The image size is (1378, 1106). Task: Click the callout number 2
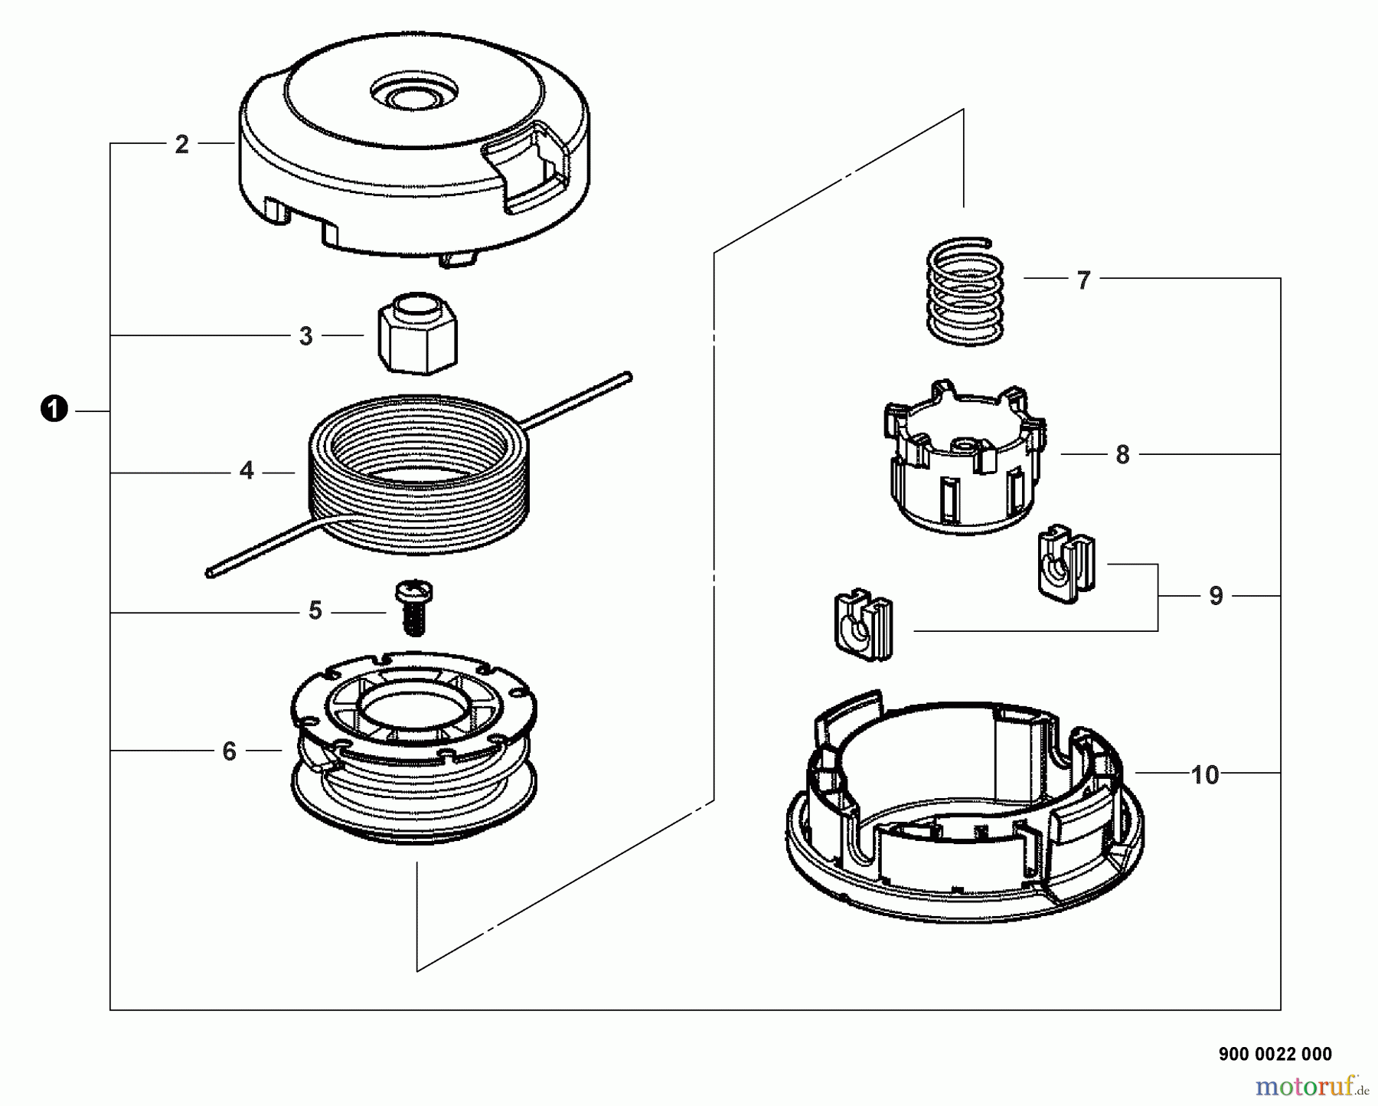[181, 145]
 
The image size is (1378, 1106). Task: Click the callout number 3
[305, 336]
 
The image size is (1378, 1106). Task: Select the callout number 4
[246, 470]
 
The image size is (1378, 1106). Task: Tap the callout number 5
[315, 611]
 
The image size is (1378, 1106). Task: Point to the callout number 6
[229, 751]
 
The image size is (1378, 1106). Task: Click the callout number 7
[1083, 281]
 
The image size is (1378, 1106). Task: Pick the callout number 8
[1122, 455]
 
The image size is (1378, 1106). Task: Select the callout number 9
[1216, 597]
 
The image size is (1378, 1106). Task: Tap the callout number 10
[1205, 775]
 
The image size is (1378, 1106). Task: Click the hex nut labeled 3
[417, 333]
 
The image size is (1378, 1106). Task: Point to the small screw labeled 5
[414, 607]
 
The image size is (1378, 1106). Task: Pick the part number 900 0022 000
[1275, 1054]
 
